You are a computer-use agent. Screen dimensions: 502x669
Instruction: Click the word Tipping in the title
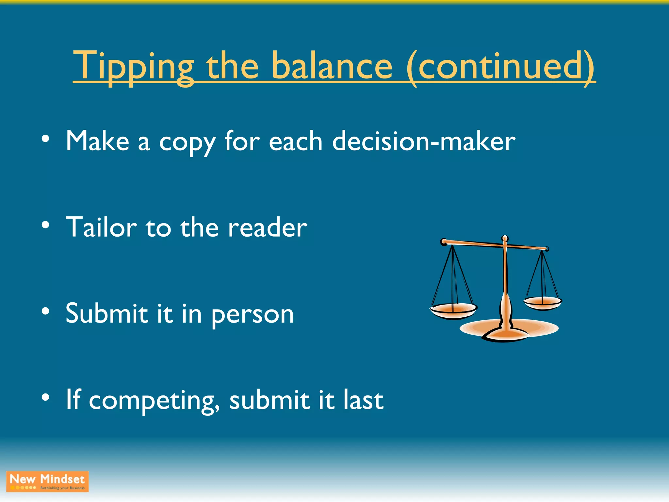[x=133, y=67]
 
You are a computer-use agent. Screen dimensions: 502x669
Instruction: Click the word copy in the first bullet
[x=187, y=142]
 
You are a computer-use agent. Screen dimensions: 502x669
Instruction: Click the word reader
[x=268, y=228]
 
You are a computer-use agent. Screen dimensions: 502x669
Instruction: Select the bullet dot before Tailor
[x=45, y=225]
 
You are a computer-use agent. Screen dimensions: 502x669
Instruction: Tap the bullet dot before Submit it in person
[x=45, y=311]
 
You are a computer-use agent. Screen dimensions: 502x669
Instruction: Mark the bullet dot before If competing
[x=45, y=397]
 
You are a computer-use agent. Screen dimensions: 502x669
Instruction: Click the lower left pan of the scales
[x=453, y=310]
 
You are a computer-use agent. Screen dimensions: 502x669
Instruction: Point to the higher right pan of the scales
[x=542, y=303]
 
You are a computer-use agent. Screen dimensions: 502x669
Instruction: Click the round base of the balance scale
[x=509, y=330]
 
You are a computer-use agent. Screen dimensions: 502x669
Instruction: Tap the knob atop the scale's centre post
[x=505, y=239]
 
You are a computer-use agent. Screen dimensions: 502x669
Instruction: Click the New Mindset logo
[x=47, y=481]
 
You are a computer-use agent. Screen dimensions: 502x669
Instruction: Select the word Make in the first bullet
[x=97, y=141]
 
